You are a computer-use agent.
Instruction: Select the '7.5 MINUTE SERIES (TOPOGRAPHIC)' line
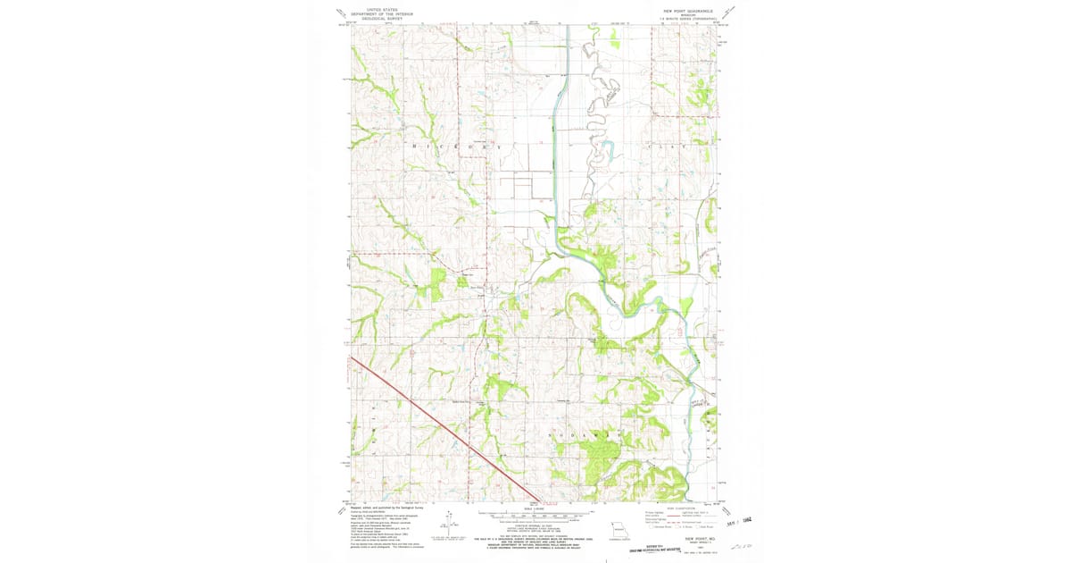pos(688,19)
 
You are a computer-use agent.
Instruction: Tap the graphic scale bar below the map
pos(535,516)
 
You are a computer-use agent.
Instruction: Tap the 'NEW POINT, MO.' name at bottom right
pos(702,540)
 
